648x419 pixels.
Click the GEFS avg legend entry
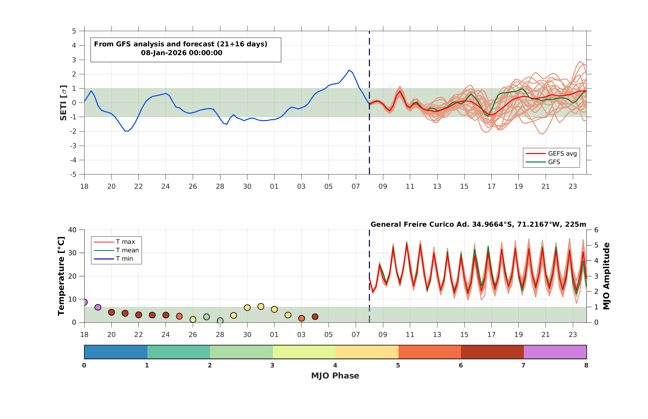tap(551, 153)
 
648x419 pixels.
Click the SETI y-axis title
tap(64, 103)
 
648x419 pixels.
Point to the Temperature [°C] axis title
tap(61, 276)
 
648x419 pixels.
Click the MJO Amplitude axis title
tap(607, 276)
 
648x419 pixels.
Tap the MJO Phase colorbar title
tap(335, 376)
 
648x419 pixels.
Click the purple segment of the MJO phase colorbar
tap(555, 352)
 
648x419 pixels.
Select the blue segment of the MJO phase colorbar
tap(116, 352)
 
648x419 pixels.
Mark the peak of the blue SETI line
tap(349, 70)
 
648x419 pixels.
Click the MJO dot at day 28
tap(220, 321)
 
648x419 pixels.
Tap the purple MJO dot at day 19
tap(98, 307)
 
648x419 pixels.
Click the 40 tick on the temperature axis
tap(72, 230)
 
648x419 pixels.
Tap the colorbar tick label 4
tap(335, 365)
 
